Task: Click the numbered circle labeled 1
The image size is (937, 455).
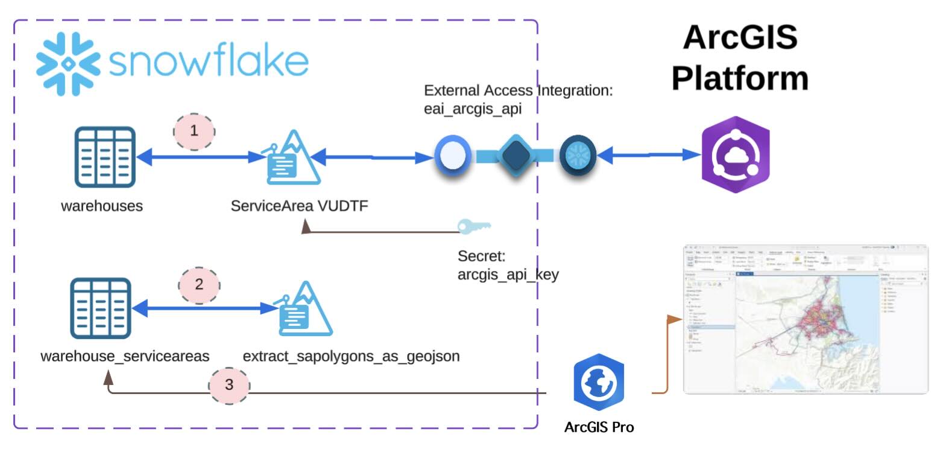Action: coord(194,130)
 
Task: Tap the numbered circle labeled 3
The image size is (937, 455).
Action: coord(229,384)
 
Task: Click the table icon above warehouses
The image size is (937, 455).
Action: coord(106,157)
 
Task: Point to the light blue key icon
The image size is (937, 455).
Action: coord(474,226)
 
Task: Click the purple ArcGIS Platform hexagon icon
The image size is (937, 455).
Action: coord(736,154)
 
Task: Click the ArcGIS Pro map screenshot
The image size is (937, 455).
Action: coord(805,319)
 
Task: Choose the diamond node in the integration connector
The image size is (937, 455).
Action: coord(517,156)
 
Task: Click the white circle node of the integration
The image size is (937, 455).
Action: coord(451,156)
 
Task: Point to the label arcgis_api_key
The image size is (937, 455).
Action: coord(508,275)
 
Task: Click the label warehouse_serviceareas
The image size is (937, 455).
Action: coord(125,356)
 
